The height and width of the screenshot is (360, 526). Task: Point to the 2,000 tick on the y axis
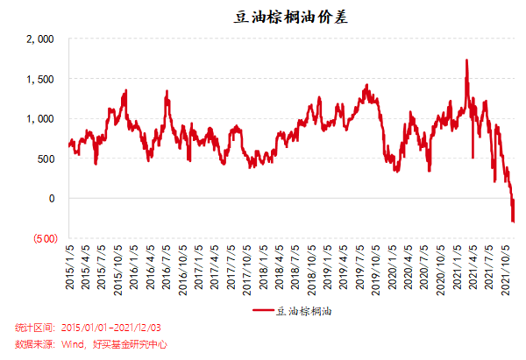[40, 39]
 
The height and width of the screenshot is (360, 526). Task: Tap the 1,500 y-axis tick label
[40, 79]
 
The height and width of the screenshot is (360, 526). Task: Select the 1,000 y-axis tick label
[40, 118]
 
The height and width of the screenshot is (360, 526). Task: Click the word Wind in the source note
[74, 344]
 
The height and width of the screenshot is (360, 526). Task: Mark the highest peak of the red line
[466, 60]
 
